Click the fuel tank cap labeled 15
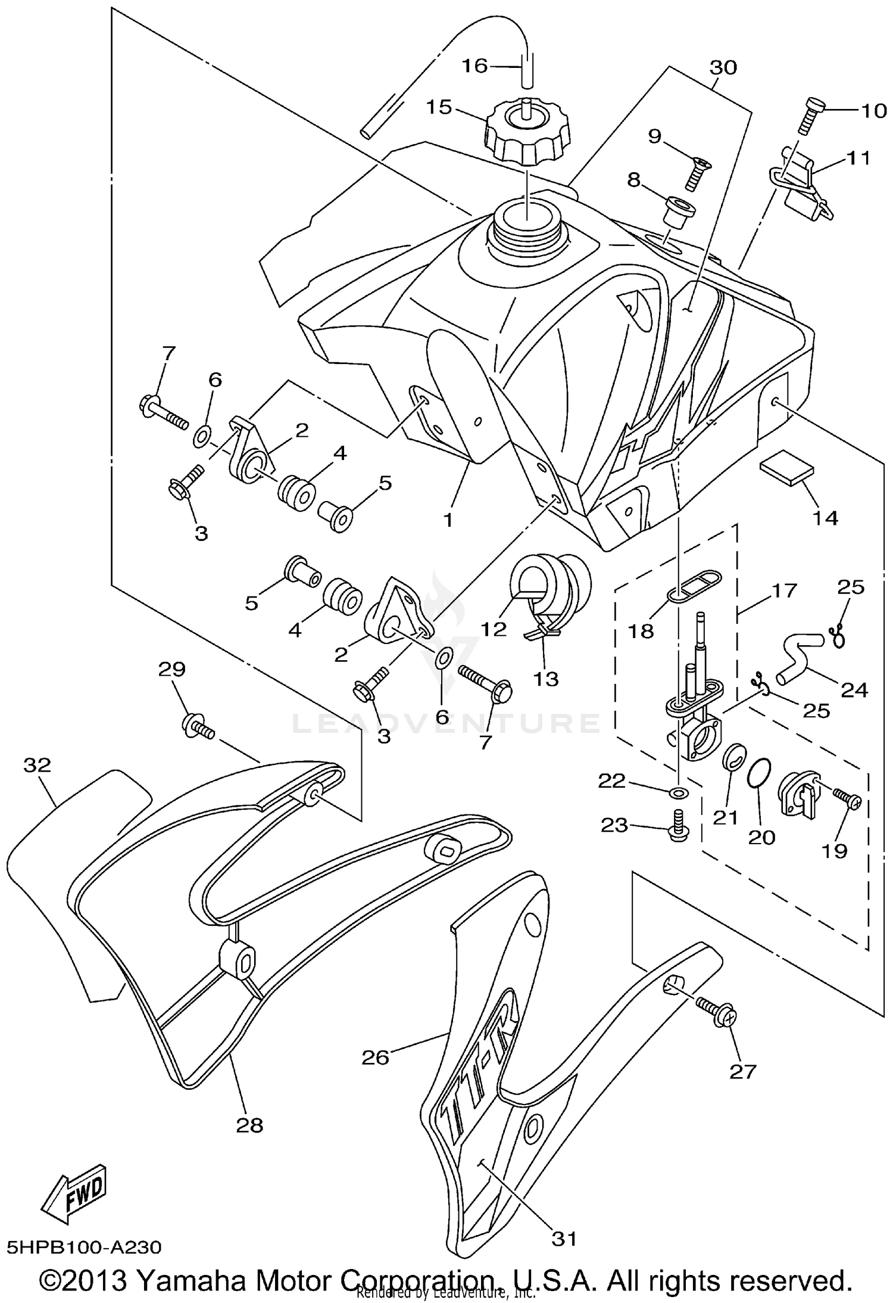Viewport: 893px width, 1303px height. [527, 133]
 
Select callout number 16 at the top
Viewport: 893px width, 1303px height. [476, 66]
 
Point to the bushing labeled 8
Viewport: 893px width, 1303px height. [676, 213]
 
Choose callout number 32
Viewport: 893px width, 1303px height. [37, 765]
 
